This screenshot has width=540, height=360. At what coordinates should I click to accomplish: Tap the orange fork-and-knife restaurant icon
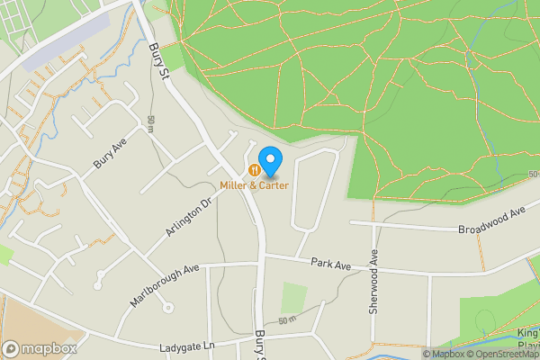(x=256, y=169)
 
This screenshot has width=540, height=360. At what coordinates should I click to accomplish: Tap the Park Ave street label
(x=330, y=263)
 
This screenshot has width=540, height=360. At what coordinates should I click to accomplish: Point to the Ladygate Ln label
(x=189, y=346)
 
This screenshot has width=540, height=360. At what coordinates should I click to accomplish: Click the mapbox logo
(x=40, y=348)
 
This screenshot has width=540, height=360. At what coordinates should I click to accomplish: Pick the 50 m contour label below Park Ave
(x=286, y=320)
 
